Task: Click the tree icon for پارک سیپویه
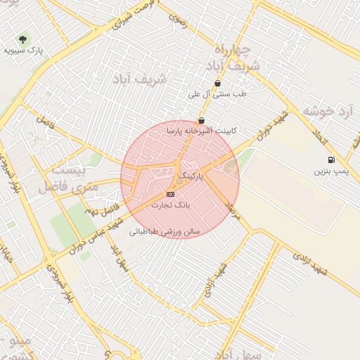24,39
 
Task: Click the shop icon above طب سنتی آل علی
217,83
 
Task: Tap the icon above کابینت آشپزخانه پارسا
202,120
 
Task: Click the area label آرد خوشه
327,112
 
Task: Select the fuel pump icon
331,160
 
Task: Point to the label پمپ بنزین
330,171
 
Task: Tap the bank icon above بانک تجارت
170,193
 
